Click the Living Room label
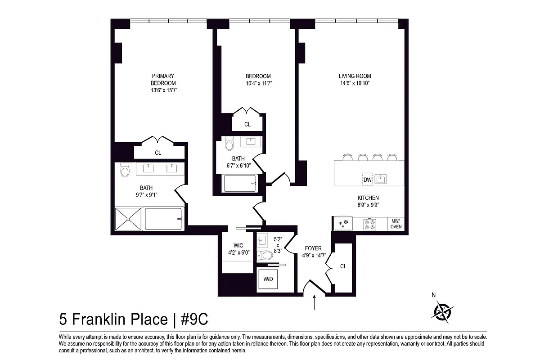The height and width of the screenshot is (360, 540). pos(355,76)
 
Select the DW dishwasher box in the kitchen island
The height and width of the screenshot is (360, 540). pos(367,180)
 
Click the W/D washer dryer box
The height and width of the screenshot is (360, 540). pos(268,279)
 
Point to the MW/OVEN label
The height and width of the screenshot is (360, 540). pos(396,224)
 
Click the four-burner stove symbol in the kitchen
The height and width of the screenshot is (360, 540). pos(369,224)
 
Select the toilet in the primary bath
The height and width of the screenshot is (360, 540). pos(125,170)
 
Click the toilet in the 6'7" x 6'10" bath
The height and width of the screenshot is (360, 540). pos(229,144)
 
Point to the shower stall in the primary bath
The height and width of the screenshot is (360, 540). pos(129,219)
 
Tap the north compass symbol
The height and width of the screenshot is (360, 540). pos(443,311)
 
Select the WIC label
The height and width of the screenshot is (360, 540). pos(238,246)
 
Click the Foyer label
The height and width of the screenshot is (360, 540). pos(313,248)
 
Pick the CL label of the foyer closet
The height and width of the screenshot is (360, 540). pos(343,266)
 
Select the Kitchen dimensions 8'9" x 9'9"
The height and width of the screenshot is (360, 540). pos(368,205)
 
